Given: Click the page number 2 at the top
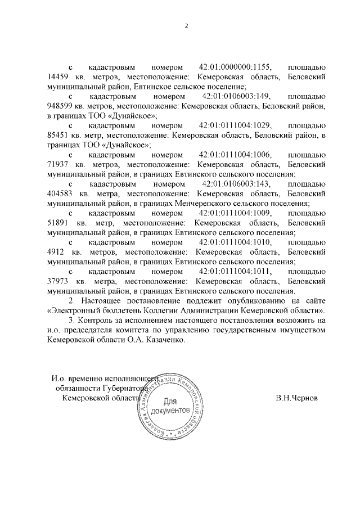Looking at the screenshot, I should (186, 26).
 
